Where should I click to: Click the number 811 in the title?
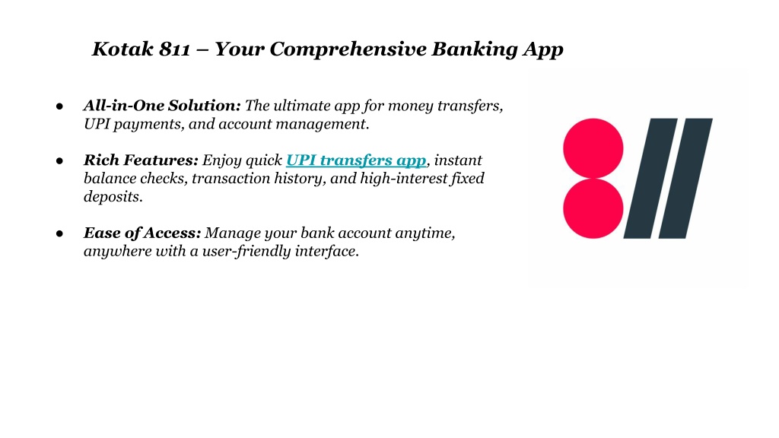pyautogui.click(x=174, y=49)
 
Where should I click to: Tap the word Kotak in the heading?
pyautogui.click(x=122, y=49)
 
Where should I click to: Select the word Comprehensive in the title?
pyautogui.click(x=348, y=49)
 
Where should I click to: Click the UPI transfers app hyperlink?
pyautogui.click(x=356, y=160)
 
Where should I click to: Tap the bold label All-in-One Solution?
pyautogui.click(x=162, y=105)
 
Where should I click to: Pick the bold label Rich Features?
pyautogui.click(x=141, y=160)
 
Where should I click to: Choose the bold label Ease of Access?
pyautogui.click(x=142, y=233)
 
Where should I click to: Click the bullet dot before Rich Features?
pyautogui.click(x=59, y=161)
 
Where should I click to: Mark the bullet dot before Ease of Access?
pyautogui.click(x=59, y=233)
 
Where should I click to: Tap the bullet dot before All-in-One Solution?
pyautogui.click(x=59, y=106)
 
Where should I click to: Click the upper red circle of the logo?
pyautogui.click(x=593, y=148)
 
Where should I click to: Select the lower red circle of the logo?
pyautogui.click(x=593, y=208)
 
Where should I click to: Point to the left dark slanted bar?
pyautogui.click(x=650, y=178)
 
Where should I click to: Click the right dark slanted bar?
pyautogui.click(x=685, y=178)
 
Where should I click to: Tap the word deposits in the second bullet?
pyautogui.click(x=113, y=197)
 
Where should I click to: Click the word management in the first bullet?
pyautogui.click(x=322, y=124)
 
